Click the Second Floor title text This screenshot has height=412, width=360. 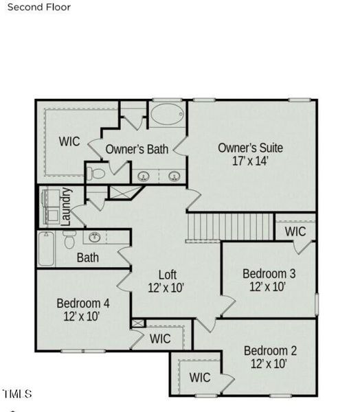click(x=39, y=7)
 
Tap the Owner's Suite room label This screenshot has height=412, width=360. click(x=250, y=148)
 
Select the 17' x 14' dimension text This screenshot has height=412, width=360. click(x=250, y=161)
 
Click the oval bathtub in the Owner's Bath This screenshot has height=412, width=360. click(x=167, y=114)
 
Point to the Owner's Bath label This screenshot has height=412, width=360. click(x=137, y=149)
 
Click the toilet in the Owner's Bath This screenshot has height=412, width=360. click(x=96, y=174)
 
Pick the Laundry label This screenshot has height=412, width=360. click(x=66, y=207)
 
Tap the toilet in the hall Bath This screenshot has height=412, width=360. click(x=69, y=240)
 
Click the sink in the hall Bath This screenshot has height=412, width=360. click(x=95, y=238)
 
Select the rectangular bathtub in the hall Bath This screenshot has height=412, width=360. click(x=46, y=249)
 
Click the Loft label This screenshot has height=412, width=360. click(x=168, y=275)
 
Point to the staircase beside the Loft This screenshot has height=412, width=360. click(x=230, y=227)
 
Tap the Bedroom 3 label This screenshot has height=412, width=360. click(x=269, y=273)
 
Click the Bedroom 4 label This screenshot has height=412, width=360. click(x=83, y=304)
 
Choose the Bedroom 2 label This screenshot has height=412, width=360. click(x=270, y=351)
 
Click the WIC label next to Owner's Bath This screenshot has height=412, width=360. click(x=69, y=141)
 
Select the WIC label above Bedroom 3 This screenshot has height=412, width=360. click(x=295, y=231)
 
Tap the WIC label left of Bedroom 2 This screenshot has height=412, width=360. click(x=200, y=378)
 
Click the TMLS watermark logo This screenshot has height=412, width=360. click(x=17, y=394)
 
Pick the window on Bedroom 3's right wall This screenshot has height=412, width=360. click(x=317, y=304)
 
